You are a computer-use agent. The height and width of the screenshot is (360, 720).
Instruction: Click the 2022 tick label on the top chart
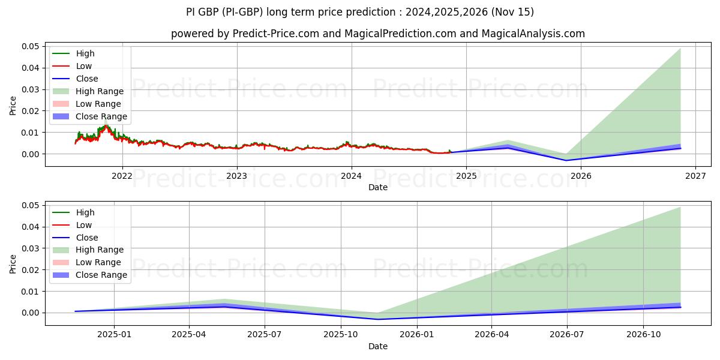122,176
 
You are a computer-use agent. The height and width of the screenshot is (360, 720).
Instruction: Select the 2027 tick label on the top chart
695,176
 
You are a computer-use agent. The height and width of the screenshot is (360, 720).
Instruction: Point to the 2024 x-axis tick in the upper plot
352,176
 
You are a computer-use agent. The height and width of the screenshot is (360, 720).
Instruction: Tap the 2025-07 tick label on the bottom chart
265,335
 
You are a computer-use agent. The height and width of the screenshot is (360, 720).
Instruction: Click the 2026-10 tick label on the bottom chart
643,335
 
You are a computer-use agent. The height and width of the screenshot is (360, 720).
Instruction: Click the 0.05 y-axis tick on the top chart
31,46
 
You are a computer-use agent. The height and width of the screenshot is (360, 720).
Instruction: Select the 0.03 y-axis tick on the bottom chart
31,248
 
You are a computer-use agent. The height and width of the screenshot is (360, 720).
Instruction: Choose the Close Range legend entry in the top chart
101,116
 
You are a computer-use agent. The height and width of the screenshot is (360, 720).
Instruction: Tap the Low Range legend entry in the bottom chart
98,262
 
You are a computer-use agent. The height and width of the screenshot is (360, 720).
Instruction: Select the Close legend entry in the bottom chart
87,238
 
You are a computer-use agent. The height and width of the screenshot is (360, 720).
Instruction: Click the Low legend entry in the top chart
84,66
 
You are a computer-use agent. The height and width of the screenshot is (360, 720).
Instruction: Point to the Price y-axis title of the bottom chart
13,263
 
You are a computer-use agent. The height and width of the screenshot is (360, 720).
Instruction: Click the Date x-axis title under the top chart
378,187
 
